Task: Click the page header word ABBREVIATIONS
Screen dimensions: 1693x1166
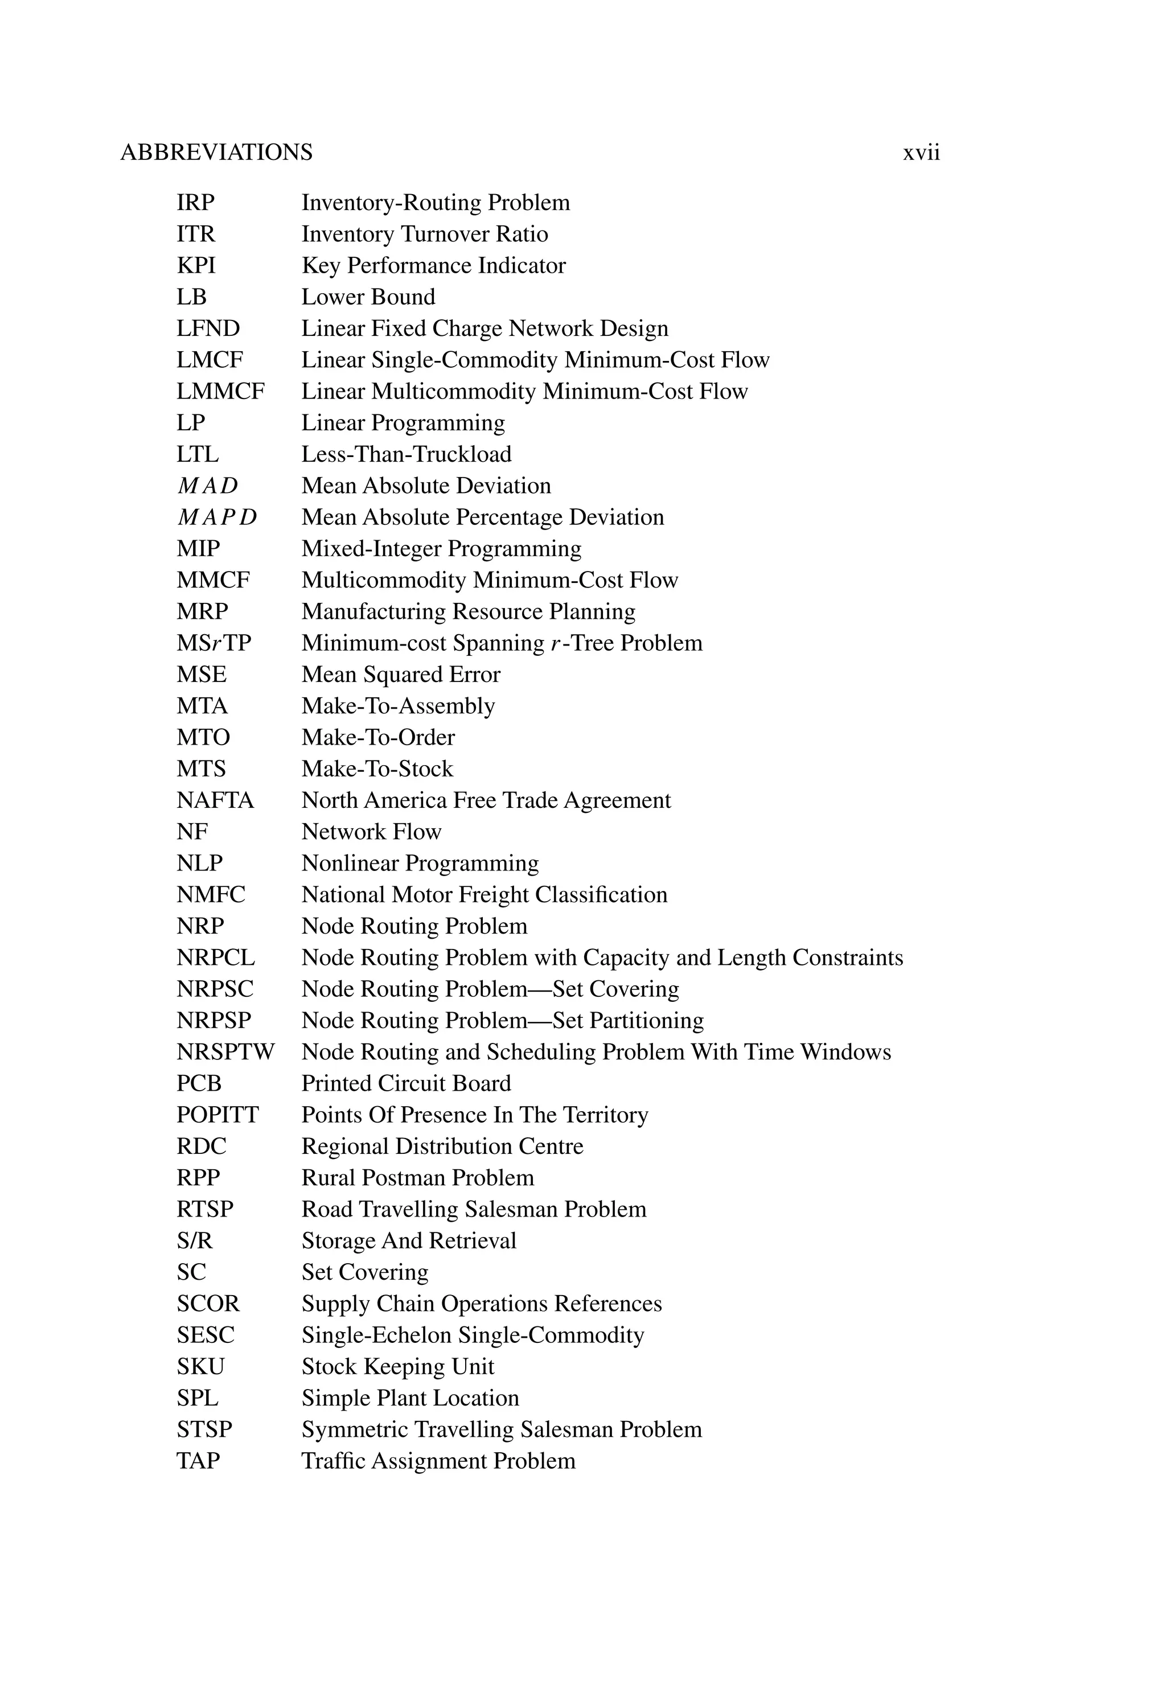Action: click(x=216, y=153)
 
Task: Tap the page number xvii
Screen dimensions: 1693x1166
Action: click(x=921, y=153)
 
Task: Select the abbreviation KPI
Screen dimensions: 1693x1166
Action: click(x=196, y=266)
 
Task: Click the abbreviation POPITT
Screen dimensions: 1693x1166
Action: click(x=217, y=1115)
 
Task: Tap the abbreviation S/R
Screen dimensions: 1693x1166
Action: click(x=194, y=1241)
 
